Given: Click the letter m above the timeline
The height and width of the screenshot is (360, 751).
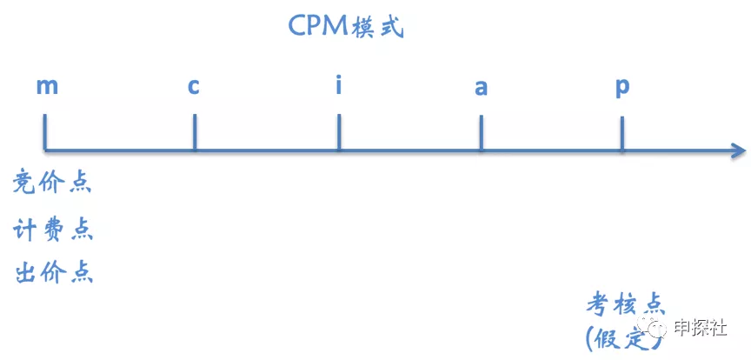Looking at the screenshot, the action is point(48,87).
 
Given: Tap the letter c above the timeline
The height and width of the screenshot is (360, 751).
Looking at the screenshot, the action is point(194,87).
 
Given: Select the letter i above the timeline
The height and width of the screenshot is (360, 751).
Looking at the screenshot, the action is point(339,85).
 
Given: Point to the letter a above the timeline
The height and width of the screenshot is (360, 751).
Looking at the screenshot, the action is point(481,88).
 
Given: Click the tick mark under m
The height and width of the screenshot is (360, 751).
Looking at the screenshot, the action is point(45,132).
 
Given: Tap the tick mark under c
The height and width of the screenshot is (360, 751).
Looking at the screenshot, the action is point(194,132).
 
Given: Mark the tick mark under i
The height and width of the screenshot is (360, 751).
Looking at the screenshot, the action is point(339,132).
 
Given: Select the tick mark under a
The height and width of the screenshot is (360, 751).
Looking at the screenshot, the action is point(481,133).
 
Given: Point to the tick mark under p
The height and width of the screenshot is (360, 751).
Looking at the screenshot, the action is point(621,134).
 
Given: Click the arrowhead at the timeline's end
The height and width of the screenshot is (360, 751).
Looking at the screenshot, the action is point(738,151).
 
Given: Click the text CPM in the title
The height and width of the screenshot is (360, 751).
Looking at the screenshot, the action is point(318,26).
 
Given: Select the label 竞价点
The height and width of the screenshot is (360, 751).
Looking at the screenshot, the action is point(52,183).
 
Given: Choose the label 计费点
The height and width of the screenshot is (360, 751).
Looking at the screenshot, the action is point(53,230).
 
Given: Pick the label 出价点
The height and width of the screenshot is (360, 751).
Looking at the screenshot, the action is point(54,273).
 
